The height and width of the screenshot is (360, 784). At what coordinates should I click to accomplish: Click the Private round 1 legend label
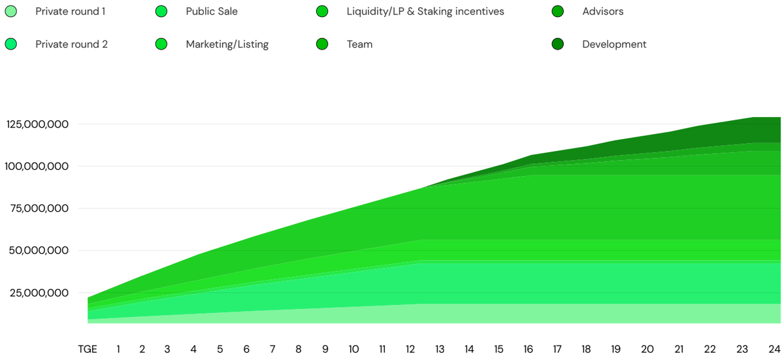[70, 12]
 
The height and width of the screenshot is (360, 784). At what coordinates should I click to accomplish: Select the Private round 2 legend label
[71, 44]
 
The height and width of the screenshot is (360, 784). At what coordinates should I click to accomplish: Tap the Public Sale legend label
[212, 12]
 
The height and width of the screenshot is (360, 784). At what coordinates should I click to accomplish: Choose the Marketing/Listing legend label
[227, 44]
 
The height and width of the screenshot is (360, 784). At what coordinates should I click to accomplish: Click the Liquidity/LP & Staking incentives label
[425, 12]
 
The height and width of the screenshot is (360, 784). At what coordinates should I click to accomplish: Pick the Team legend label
[359, 44]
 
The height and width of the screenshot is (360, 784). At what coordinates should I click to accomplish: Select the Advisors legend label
[602, 12]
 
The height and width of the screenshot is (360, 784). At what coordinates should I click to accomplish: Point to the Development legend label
[614, 44]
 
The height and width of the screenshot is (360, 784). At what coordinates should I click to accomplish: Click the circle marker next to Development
[557, 44]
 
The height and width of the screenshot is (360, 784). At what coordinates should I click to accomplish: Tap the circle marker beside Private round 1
[11, 12]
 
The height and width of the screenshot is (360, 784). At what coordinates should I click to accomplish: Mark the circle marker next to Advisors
[557, 12]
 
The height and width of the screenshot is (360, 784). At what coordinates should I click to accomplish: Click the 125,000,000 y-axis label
[37, 124]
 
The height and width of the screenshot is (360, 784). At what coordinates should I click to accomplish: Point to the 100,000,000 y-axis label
[37, 166]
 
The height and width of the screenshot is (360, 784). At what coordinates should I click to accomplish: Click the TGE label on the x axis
[88, 350]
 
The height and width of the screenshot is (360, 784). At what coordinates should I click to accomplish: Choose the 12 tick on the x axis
[411, 350]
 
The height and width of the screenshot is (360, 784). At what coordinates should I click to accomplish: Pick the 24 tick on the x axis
[775, 350]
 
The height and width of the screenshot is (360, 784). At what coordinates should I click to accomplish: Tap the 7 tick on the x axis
[272, 350]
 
